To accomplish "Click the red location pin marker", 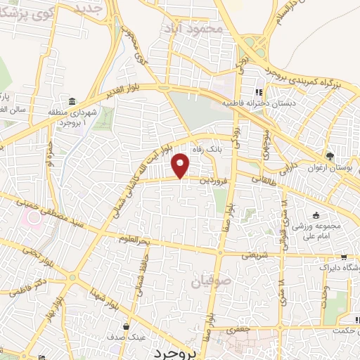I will click(x=181, y=165).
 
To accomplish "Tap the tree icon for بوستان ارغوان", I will click(x=329, y=155).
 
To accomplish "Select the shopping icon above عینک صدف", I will click(x=126, y=326).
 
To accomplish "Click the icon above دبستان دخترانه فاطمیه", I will click(x=258, y=92).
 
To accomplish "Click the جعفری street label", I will click(x=238, y=328).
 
